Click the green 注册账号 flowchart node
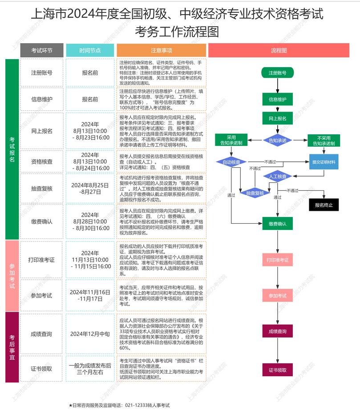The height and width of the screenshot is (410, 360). [x=277, y=72]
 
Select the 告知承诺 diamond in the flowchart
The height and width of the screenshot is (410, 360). [x=277, y=140]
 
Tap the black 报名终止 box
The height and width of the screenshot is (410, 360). [x=324, y=205]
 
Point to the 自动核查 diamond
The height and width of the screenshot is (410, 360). [x=231, y=162]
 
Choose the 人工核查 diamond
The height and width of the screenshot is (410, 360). [x=277, y=176]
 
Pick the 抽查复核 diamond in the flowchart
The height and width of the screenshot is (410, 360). [x=255, y=193]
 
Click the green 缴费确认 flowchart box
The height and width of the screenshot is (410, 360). [x=277, y=224]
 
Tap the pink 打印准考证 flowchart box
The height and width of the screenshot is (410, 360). [x=277, y=260]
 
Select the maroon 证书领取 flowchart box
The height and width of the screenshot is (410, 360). [x=277, y=370]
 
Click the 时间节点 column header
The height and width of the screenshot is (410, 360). [x=90, y=51]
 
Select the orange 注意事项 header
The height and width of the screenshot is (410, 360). [x=161, y=51]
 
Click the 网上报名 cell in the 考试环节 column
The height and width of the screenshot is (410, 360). [x=42, y=131]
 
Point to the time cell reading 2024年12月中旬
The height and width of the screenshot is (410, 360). [x=90, y=334]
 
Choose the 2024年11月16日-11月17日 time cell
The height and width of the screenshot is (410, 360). [x=90, y=295]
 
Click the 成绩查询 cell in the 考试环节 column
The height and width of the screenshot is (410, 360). [x=42, y=334]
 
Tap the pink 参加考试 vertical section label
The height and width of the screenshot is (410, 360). [x=12, y=276]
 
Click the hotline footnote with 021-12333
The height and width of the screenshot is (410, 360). [x=119, y=405]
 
